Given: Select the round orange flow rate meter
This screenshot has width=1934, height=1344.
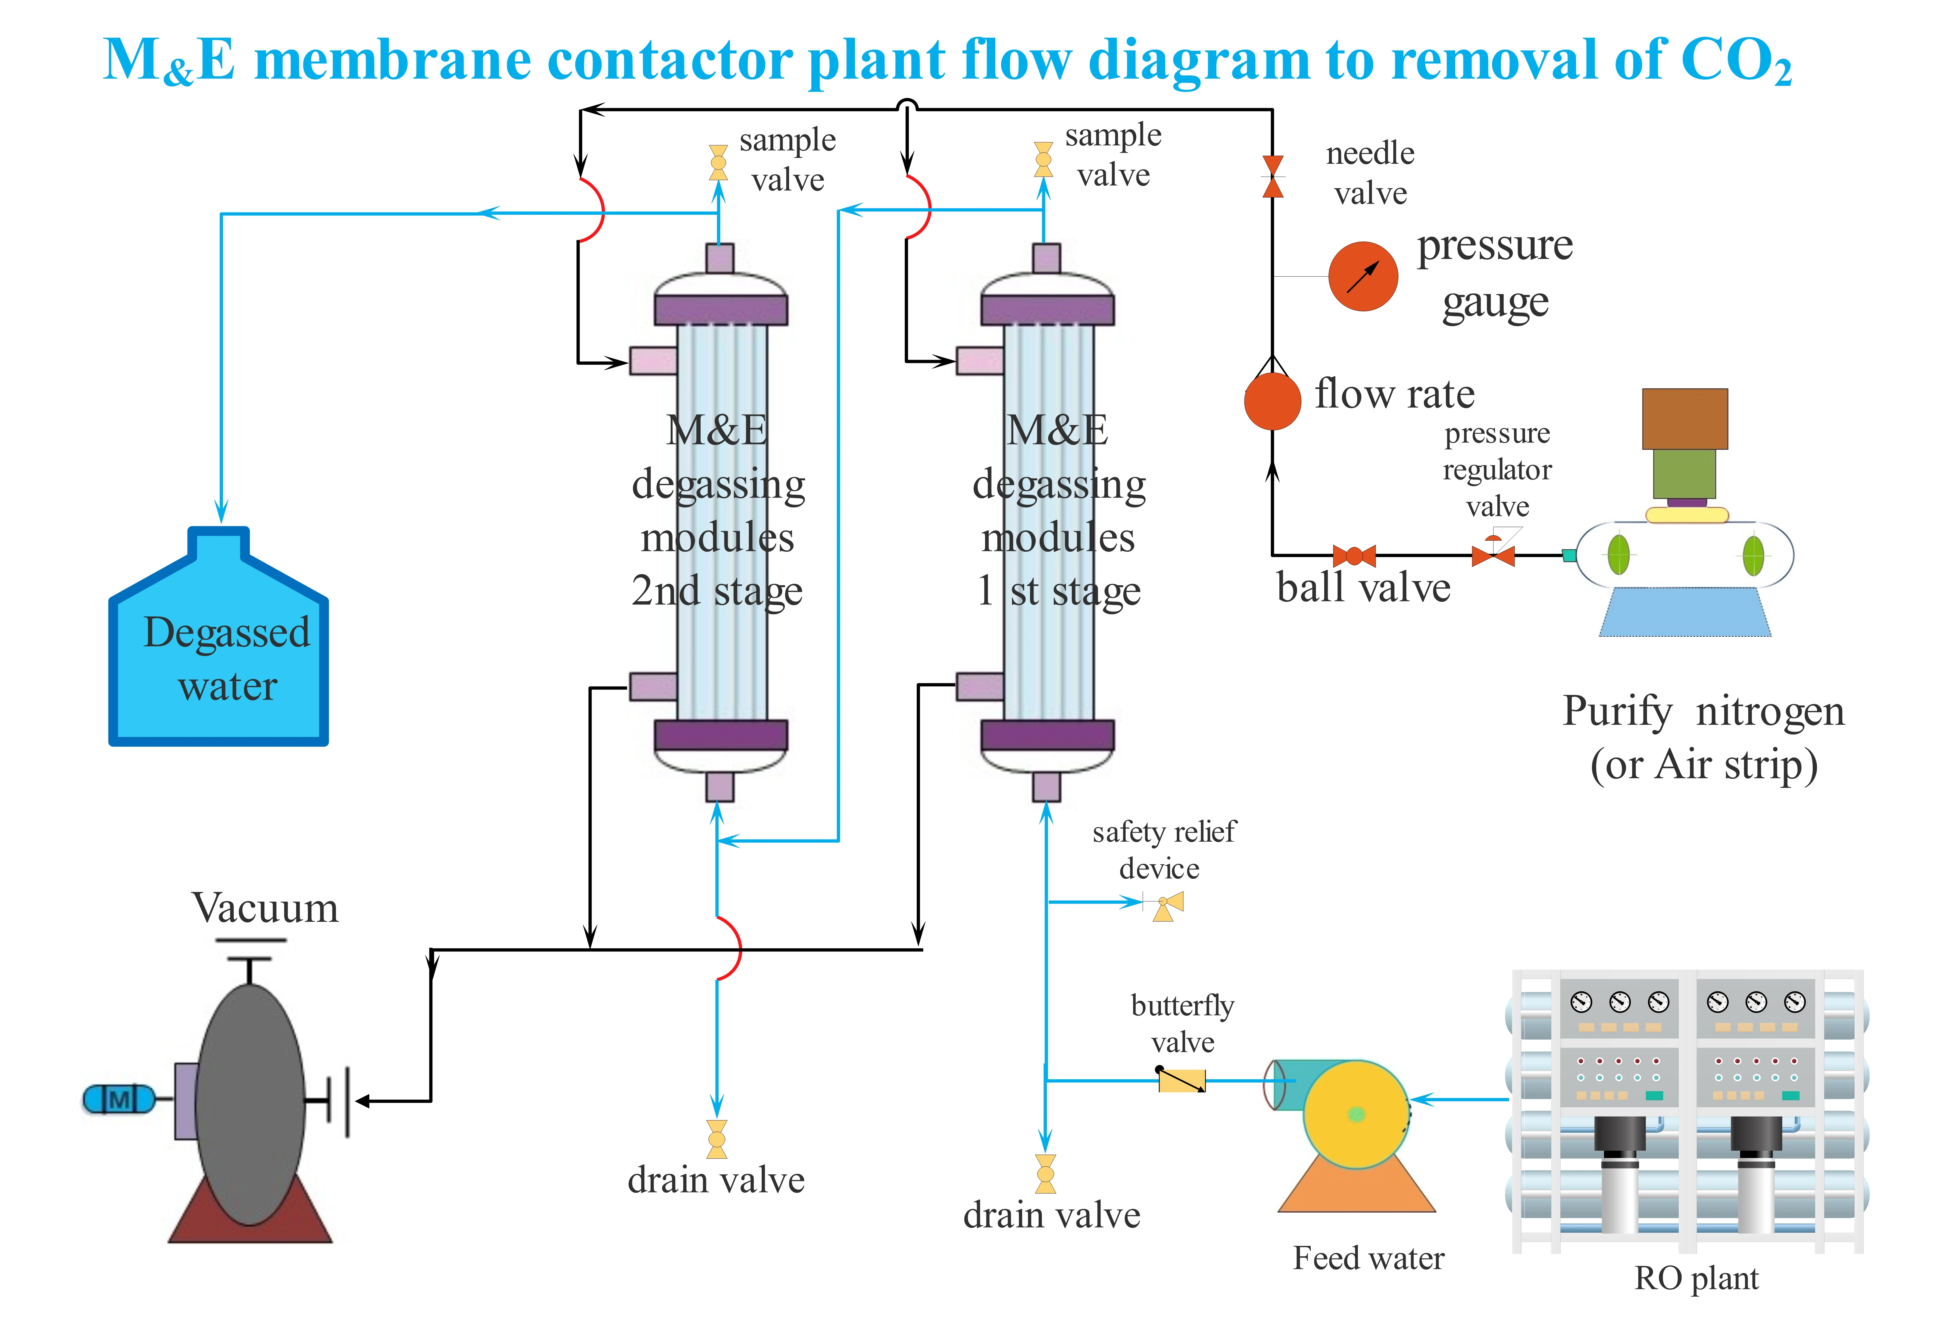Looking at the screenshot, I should coord(1272,401).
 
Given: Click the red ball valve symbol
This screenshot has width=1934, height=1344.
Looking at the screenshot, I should coord(1354,556).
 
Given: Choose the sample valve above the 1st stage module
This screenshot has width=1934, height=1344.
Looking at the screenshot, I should coord(1044,159).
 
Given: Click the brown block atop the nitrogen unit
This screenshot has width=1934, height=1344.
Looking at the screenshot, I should coord(1685,419).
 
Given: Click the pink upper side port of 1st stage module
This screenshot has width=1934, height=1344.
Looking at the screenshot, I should coord(980,361).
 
